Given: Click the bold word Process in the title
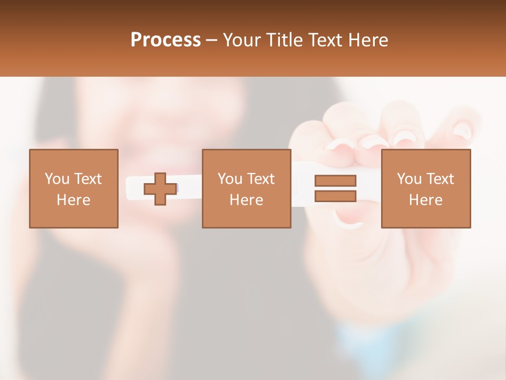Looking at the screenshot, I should pos(166,40).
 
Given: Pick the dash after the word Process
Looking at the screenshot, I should pos(212,41).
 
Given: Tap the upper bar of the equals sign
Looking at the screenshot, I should pos(335,180).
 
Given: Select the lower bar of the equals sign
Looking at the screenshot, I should pos(335,196).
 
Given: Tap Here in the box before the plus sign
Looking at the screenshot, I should pos(74,200).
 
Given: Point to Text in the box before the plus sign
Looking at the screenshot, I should pos(87,179).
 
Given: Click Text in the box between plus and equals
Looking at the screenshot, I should pos(260,179).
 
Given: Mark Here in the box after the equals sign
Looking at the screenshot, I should pos(426,200).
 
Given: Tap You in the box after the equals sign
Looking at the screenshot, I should pos(409,179).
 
